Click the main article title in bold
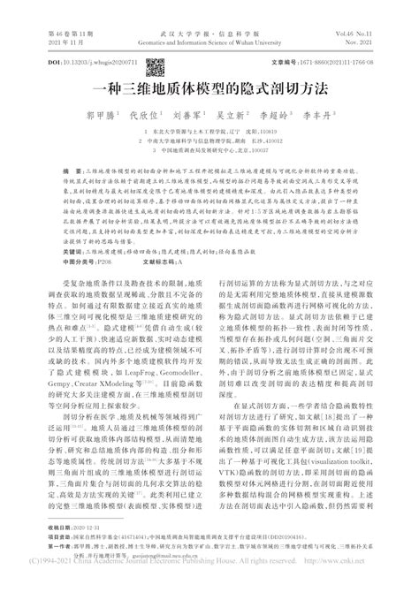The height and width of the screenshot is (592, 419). (x=209, y=89)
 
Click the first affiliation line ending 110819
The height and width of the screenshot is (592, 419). (x=208, y=129)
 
